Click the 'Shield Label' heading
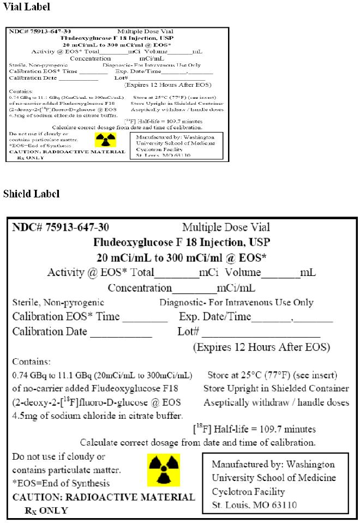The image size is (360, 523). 31,194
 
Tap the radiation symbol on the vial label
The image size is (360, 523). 102,140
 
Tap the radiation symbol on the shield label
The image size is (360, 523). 164,470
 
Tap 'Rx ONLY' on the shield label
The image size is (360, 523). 46,510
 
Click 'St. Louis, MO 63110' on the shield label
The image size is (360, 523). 254,505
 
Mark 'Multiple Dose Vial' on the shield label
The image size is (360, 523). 226,227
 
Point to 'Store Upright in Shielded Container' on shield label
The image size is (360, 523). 276,389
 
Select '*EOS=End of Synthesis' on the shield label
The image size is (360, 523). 61,483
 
